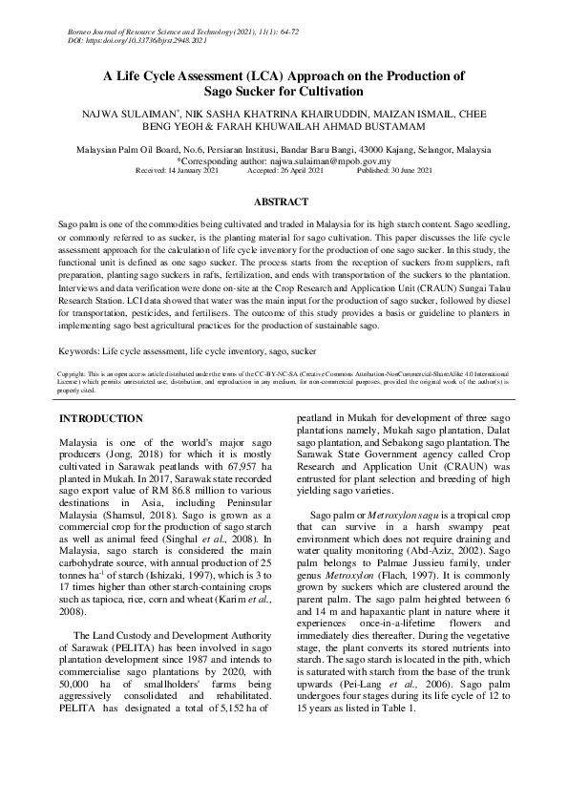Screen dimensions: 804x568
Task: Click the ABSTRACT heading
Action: click(x=284, y=202)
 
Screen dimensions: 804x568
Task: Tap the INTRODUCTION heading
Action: click(x=101, y=419)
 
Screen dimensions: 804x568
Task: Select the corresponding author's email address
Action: click(x=326, y=162)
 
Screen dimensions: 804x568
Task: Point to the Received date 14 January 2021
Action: click(x=179, y=170)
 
